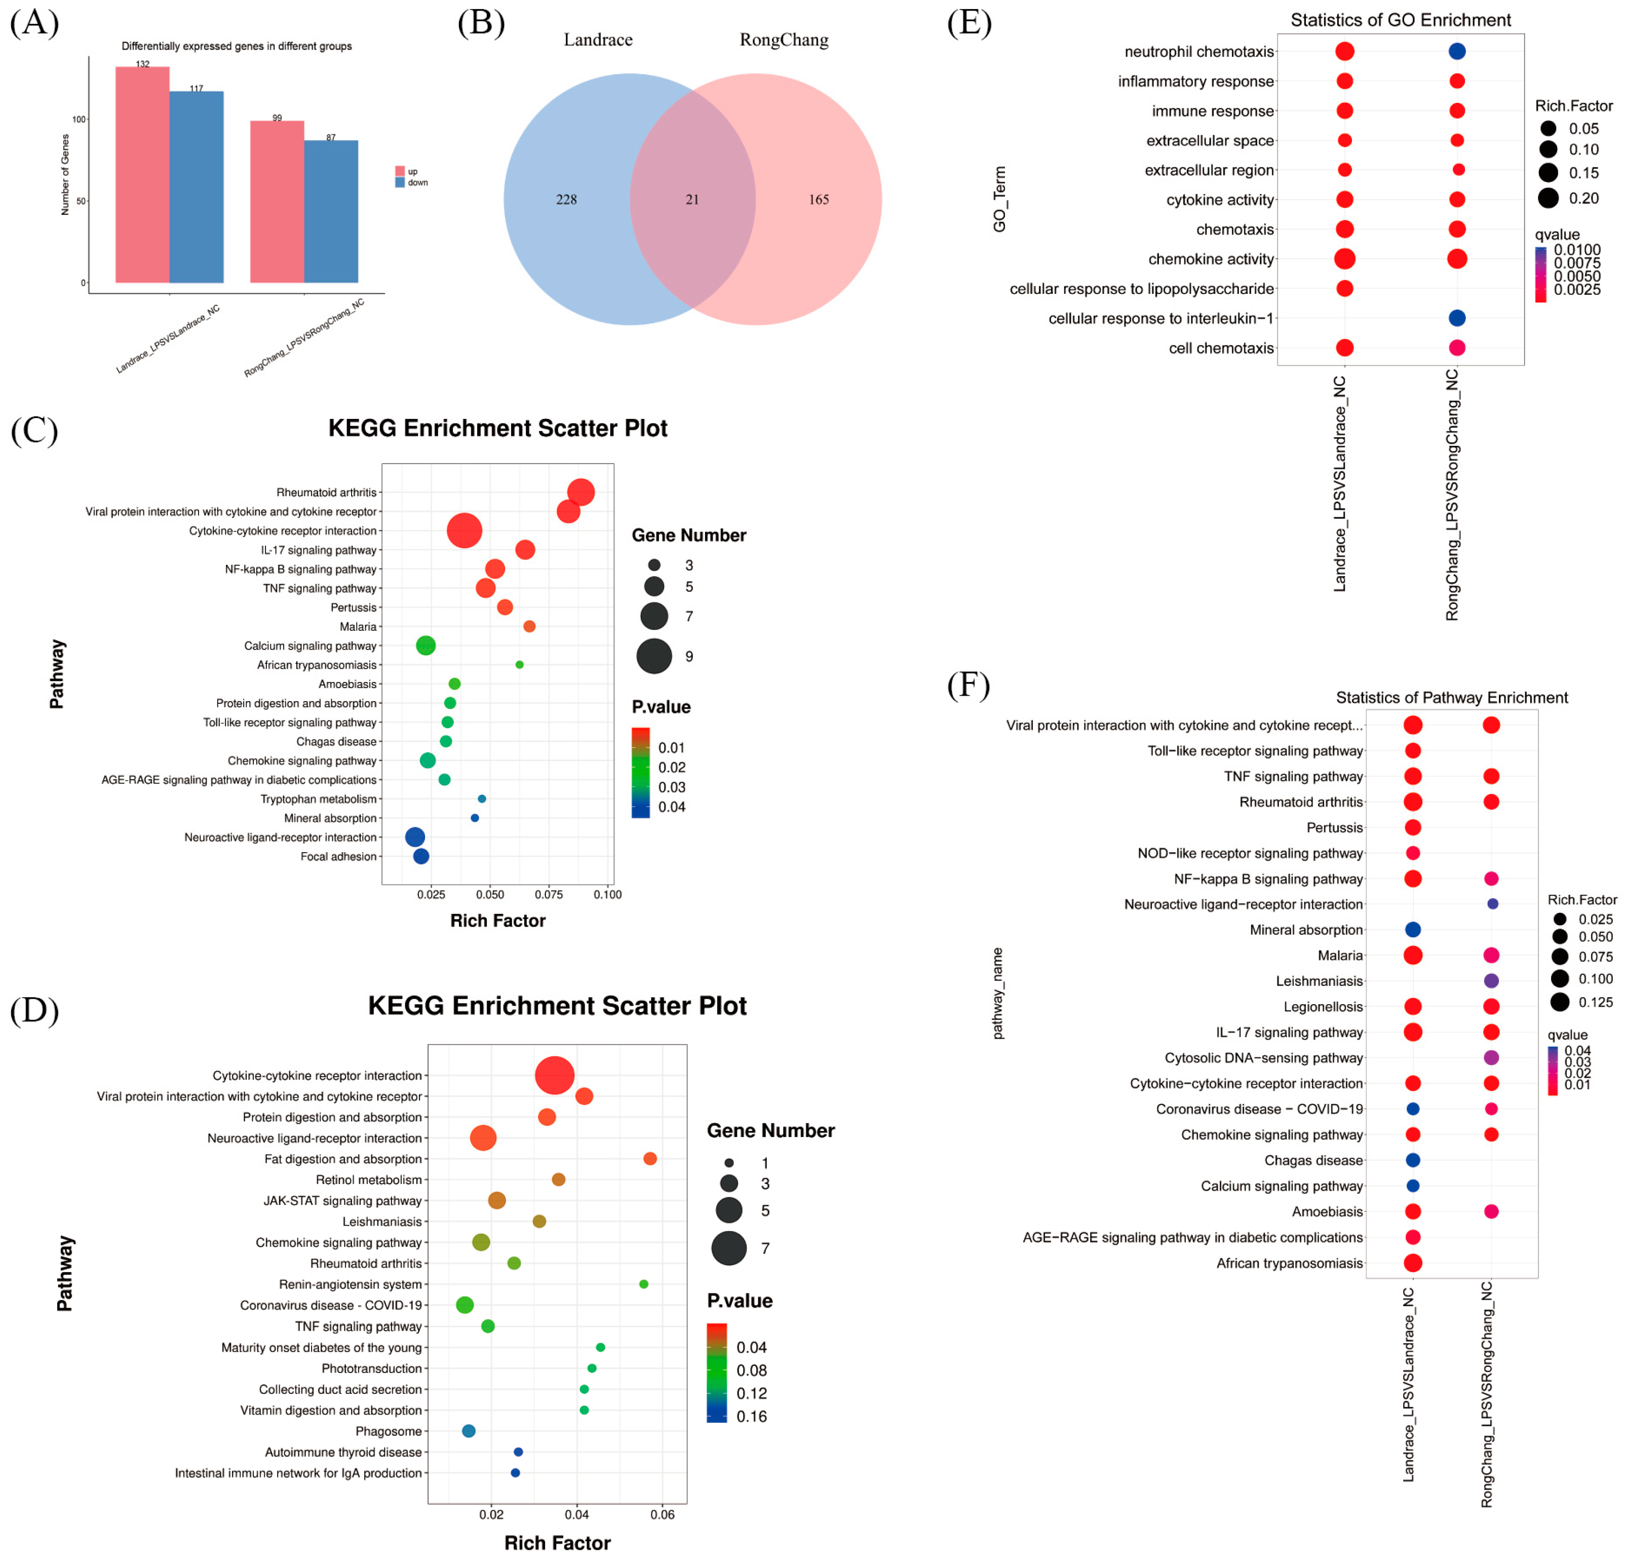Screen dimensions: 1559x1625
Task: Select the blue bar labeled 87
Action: (331, 211)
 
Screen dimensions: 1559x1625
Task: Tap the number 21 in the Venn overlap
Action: (692, 200)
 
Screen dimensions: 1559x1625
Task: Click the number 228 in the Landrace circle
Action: (566, 200)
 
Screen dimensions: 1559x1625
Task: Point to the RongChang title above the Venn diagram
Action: (784, 40)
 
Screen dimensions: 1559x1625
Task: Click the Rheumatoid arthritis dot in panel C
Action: (581, 492)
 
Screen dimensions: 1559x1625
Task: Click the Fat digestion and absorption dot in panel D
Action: (650, 1158)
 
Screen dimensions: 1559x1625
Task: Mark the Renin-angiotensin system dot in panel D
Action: (643, 1284)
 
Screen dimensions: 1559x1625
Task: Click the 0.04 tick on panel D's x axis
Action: (577, 1514)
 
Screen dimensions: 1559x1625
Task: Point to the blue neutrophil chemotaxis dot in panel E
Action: (1457, 51)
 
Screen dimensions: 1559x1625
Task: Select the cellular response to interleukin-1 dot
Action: (1457, 318)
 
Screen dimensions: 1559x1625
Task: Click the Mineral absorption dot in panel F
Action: (1413, 930)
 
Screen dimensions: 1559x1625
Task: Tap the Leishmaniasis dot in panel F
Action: (1491, 981)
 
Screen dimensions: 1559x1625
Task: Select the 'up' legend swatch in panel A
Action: (400, 171)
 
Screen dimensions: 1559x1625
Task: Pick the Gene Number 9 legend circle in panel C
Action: (654, 656)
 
